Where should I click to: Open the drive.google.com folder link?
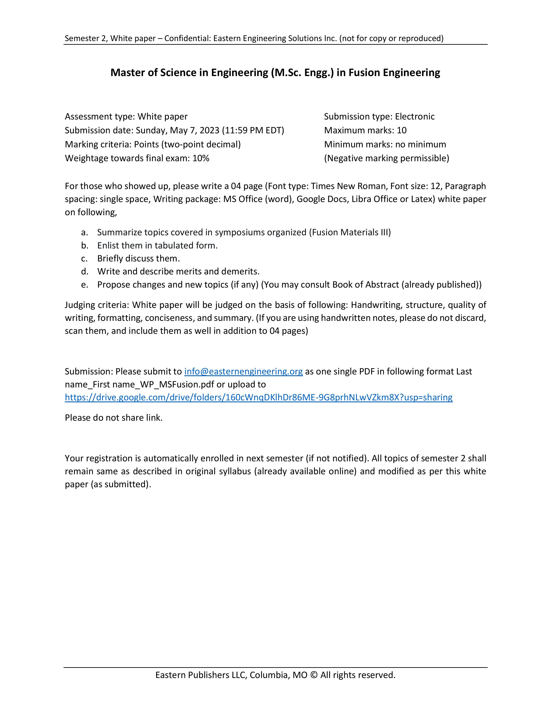coord(258,397)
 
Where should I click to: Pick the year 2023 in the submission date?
coord(209,130)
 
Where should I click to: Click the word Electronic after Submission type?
coord(415,116)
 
